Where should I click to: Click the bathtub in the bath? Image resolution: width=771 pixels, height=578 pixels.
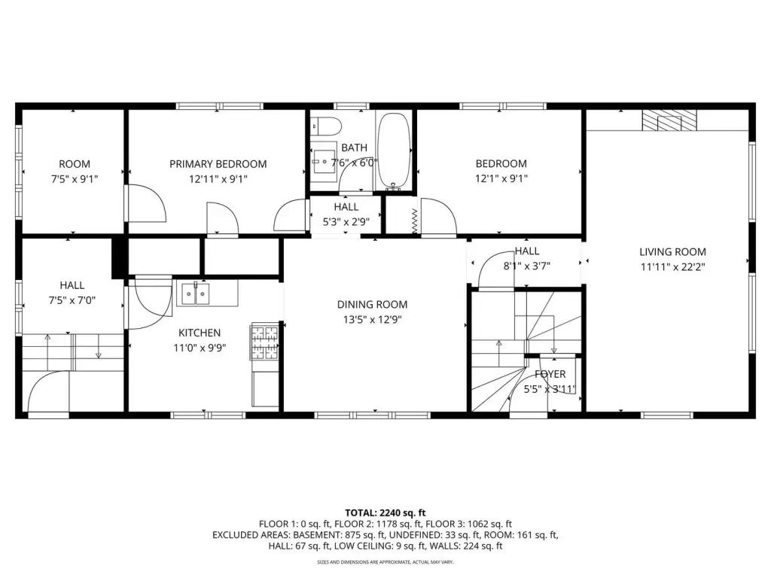(394, 151)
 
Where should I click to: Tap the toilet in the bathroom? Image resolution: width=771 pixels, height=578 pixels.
(327, 126)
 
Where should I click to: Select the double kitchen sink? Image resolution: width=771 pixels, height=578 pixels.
(196, 294)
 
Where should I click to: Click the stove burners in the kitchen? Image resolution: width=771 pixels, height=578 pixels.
(264, 341)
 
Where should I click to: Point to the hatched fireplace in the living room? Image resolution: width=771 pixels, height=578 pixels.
(669, 120)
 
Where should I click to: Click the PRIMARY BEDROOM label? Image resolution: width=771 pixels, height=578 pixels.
(218, 164)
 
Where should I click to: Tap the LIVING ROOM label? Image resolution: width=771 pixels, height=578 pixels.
(672, 252)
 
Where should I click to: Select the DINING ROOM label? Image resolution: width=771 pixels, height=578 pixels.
(372, 305)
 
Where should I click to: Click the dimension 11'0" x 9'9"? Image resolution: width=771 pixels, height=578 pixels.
(200, 348)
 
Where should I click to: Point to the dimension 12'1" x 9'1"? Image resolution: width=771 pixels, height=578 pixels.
(501, 179)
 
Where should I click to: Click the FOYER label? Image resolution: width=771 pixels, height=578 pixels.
(550, 374)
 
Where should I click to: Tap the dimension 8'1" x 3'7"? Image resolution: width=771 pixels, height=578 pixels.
(526, 266)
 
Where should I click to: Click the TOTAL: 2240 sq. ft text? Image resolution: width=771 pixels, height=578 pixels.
(385, 513)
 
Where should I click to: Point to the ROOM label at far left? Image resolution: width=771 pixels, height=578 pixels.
(75, 164)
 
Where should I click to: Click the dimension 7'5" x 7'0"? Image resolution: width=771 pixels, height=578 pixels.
(72, 300)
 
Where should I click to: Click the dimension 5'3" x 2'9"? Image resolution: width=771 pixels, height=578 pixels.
(346, 222)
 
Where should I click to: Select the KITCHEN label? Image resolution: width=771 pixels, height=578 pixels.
(200, 333)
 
